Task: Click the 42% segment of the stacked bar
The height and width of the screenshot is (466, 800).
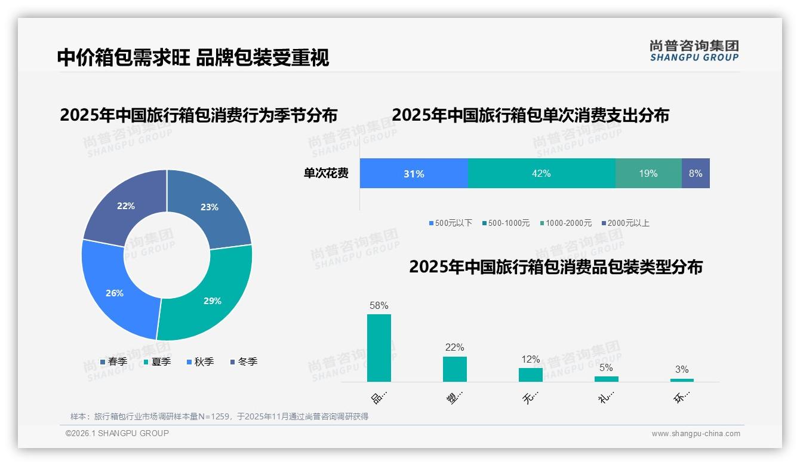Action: point(541,173)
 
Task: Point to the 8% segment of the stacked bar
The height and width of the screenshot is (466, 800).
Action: point(696,173)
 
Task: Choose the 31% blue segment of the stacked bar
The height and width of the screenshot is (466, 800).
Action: point(414,173)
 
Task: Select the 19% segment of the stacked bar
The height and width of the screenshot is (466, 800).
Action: point(648,173)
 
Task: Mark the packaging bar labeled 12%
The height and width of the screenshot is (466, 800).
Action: point(531,375)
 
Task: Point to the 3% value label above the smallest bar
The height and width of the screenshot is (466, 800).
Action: point(682,369)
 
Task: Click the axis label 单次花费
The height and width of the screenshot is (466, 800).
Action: point(326,174)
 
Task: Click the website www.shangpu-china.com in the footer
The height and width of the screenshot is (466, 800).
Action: point(696,434)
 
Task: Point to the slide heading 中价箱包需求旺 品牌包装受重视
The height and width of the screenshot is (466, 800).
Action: point(193,57)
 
